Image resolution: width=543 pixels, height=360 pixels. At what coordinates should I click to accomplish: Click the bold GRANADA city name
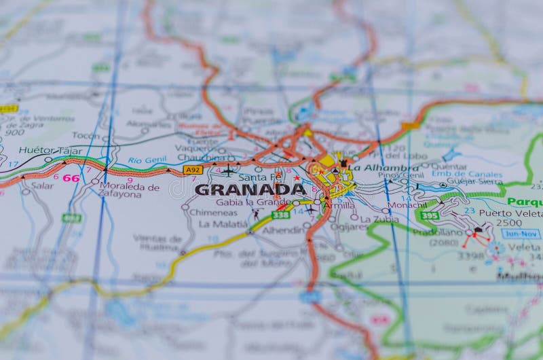(x=250, y=190)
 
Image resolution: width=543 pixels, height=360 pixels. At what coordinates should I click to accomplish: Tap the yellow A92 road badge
(x=193, y=170)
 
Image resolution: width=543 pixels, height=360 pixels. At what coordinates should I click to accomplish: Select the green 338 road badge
(x=280, y=215)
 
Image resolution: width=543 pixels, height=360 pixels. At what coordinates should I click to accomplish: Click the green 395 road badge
(x=429, y=215)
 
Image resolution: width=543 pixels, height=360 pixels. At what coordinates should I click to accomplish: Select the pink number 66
(x=71, y=178)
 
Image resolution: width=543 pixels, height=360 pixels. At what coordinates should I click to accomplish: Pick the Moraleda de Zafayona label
(x=129, y=190)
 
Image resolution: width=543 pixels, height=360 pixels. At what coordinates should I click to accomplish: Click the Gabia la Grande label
(x=244, y=202)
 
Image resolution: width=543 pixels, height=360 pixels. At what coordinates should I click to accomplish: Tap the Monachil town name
(x=388, y=204)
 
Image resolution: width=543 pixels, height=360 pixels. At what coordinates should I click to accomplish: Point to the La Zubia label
(x=375, y=219)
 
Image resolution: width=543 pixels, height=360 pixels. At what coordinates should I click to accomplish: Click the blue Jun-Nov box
(x=521, y=233)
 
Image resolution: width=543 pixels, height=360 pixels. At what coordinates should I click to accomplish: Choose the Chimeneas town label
(x=212, y=212)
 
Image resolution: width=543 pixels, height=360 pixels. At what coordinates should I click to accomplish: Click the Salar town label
(x=42, y=185)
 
